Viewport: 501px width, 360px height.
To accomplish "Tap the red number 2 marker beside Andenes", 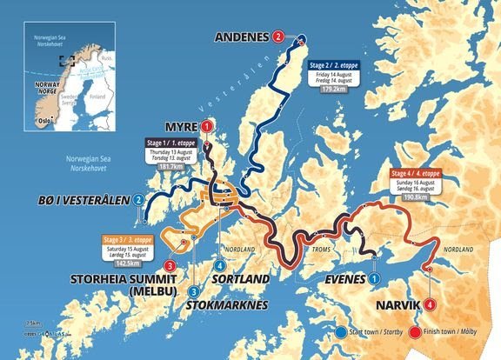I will pos(277,37).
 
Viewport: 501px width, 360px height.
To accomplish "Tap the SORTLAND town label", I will pos(238,279).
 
